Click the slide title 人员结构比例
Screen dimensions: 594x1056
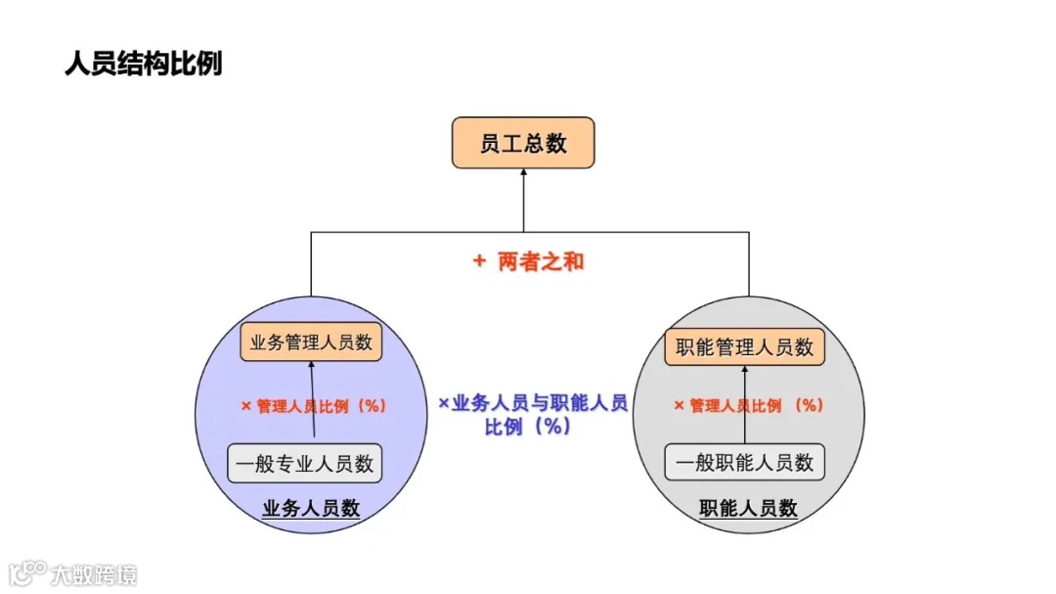143,64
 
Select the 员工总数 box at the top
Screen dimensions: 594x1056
522,144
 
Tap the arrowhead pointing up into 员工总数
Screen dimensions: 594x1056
523,173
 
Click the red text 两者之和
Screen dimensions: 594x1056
541,261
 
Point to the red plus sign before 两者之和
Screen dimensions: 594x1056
479,261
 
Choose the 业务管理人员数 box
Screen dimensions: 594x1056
311,343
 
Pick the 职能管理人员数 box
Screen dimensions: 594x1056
744,346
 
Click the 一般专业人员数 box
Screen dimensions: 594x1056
304,463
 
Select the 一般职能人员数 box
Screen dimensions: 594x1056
744,462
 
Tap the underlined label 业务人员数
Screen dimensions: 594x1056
311,509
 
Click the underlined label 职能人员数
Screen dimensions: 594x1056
748,509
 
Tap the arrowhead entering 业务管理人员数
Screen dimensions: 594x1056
313,365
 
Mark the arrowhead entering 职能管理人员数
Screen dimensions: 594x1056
744,370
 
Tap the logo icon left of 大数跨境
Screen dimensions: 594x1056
28,572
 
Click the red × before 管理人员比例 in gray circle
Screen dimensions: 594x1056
679,405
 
